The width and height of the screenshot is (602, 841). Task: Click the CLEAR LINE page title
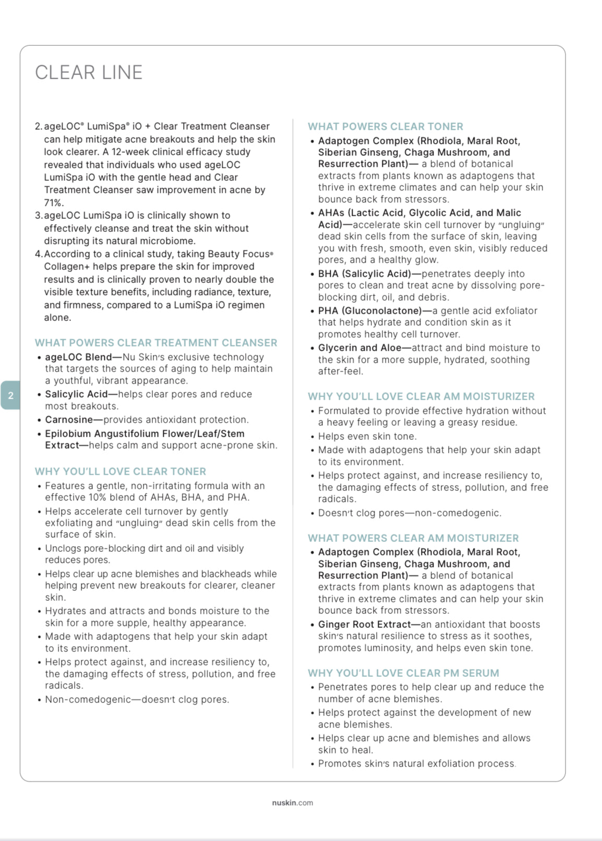[89, 72]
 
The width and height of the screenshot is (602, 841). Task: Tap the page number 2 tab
[10, 395]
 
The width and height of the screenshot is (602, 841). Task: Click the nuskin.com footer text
[292, 802]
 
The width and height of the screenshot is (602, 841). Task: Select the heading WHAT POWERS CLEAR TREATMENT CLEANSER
[156, 343]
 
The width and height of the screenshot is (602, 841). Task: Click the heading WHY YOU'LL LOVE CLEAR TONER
[121, 472]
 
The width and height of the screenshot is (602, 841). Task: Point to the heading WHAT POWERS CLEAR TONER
[385, 127]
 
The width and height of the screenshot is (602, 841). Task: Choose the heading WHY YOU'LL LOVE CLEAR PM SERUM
[403, 673]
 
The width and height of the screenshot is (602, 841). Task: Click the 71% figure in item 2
[54, 203]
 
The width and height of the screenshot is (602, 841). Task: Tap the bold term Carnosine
[68, 420]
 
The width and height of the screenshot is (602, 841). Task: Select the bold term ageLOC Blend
[78, 357]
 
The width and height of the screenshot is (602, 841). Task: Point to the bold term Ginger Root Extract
[364, 625]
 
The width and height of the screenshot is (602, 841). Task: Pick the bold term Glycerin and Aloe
[359, 348]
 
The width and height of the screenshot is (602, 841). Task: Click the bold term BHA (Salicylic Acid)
[365, 274]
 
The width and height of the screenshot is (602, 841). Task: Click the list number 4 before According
[38, 254]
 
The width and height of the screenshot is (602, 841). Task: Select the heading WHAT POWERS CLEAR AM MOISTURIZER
[413, 538]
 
